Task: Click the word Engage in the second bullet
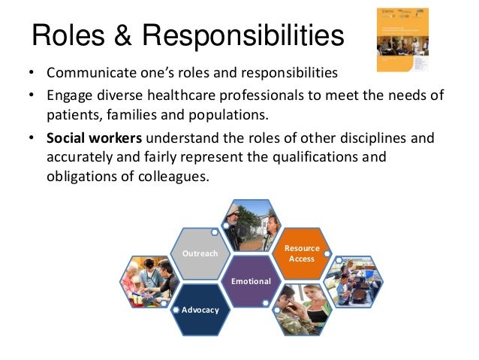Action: tap(68, 96)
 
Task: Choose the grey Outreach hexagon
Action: tap(200, 253)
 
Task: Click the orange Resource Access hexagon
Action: tap(302, 253)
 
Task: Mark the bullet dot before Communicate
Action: tap(31, 75)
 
